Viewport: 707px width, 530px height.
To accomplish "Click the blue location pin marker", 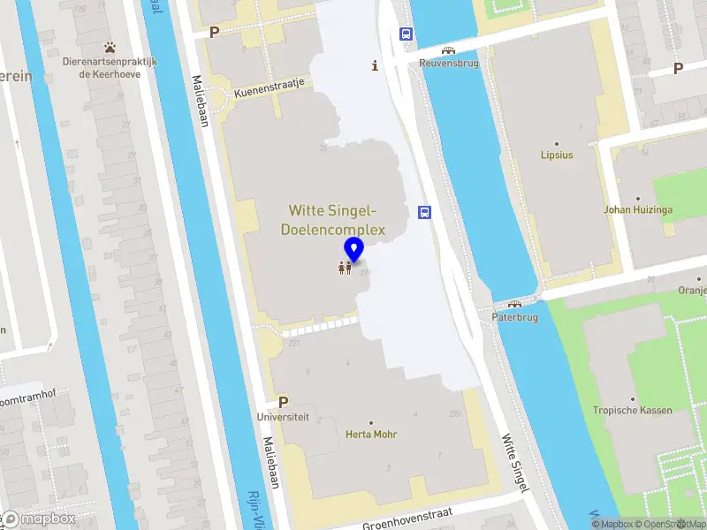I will [354, 250].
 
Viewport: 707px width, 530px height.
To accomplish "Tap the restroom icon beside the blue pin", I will [345, 267].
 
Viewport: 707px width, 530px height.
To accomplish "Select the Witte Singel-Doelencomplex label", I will [333, 220].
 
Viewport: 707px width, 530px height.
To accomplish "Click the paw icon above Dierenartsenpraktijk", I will [110, 47].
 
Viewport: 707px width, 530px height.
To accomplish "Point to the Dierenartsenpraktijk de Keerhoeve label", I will [110, 68].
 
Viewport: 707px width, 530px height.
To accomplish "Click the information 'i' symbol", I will [376, 65].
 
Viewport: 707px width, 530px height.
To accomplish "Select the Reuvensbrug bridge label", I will [448, 64].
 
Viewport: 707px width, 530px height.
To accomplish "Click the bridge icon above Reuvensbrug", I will [448, 49].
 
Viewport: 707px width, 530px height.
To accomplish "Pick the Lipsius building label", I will [557, 155].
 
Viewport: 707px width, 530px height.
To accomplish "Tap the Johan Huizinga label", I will [637, 210].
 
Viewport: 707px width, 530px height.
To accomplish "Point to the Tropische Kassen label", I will [632, 410].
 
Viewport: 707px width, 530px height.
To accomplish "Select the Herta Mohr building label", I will [371, 435].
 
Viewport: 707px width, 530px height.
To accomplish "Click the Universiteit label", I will [283, 415].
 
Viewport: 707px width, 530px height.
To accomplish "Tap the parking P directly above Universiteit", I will [283, 401].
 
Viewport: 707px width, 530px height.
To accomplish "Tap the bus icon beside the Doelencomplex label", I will [425, 212].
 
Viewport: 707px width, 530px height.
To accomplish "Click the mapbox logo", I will [39, 519].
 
